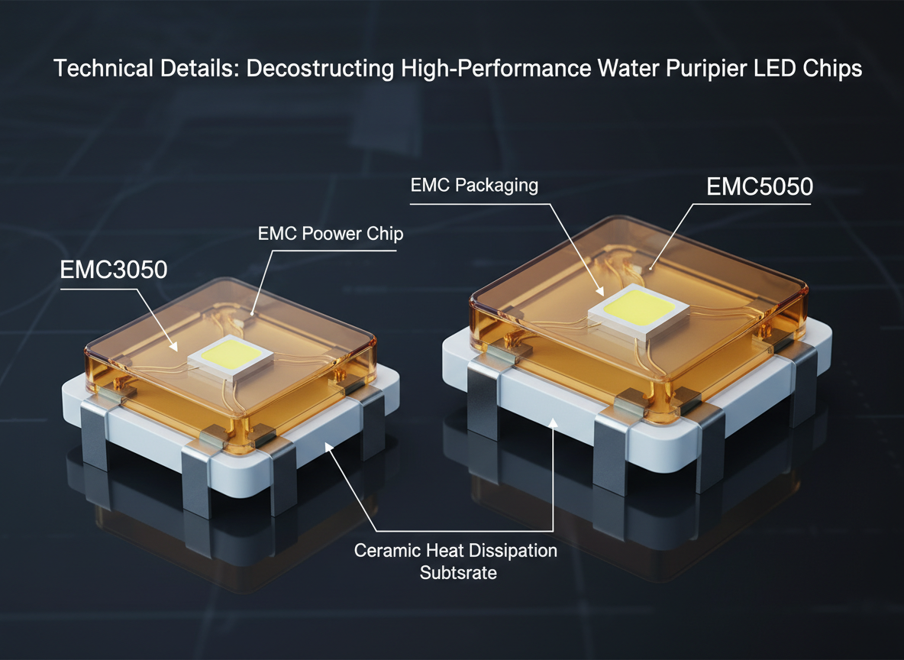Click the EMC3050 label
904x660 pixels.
click(x=114, y=270)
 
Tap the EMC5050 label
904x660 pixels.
click(x=760, y=186)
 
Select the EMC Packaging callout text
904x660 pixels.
click(x=474, y=185)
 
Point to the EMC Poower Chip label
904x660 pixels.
click(x=331, y=234)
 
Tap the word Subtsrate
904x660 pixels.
click(x=458, y=573)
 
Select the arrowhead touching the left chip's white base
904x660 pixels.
click(x=329, y=447)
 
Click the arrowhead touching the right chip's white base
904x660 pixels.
click(x=553, y=423)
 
